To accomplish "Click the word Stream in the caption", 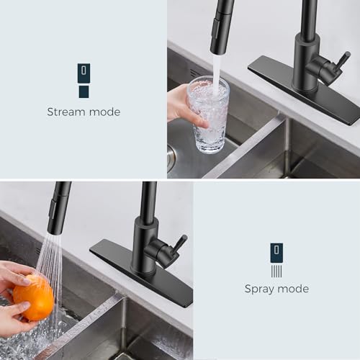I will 66,112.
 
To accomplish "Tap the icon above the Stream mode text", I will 84,80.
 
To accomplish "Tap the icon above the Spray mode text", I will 276,260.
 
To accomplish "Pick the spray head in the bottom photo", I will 59,204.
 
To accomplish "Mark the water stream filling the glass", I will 215,69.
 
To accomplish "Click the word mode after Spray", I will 293,289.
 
